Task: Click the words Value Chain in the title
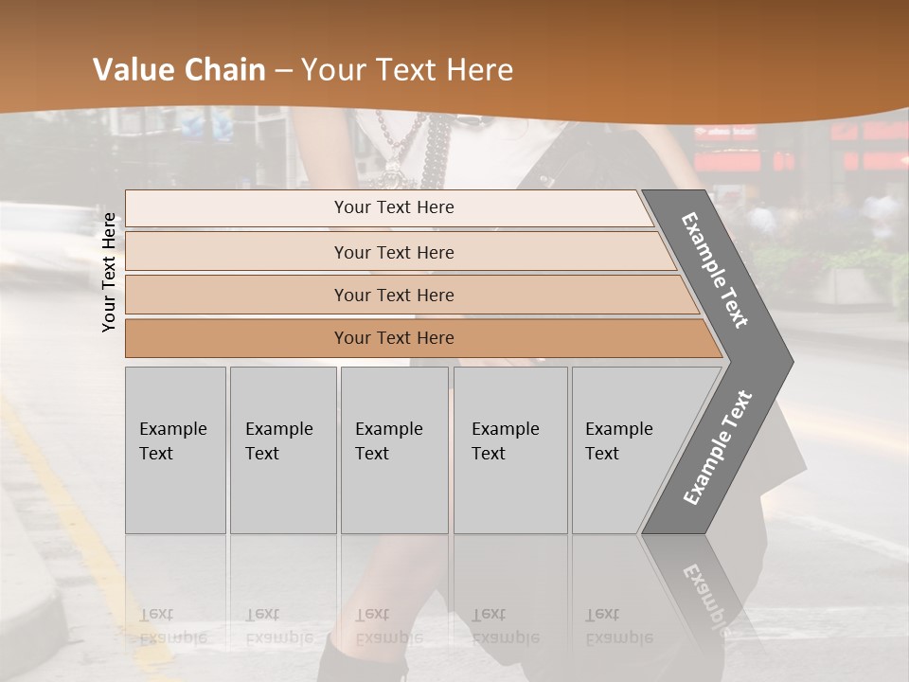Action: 179,70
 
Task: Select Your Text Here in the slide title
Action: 407,70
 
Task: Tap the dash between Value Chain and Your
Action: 283,71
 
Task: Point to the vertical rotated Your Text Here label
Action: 110,273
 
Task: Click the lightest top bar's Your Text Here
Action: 394,207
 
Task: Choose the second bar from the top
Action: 394,252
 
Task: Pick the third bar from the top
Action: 394,295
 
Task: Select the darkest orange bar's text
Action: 394,338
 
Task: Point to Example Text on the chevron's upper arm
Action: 716,270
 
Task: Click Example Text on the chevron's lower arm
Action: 717,448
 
